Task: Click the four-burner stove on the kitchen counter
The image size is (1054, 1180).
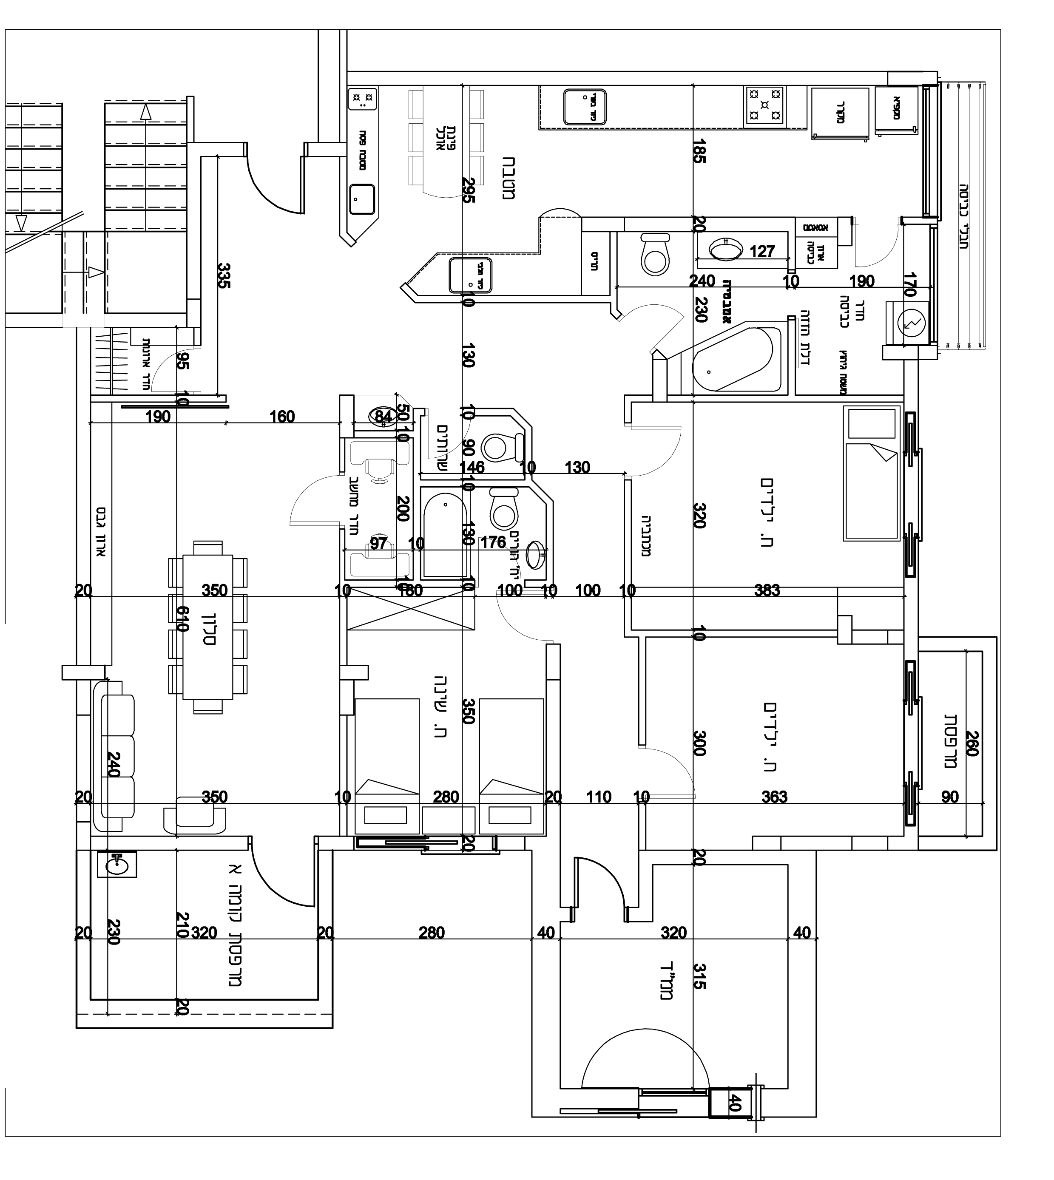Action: pyautogui.click(x=765, y=106)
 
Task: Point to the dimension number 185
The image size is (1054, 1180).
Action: pyautogui.click(x=699, y=150)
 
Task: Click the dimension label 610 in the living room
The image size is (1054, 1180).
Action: pyautogui.click(x=182, y=619)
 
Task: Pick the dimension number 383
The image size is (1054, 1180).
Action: pyautogui.click(x=767, y=590)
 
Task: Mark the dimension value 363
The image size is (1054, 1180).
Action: pyautogui.click(x=774, y=797)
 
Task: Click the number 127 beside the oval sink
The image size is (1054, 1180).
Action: pyautogui.click(x=762, y=251)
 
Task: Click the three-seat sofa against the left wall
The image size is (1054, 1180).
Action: pyautogui.click(x=118, y=756)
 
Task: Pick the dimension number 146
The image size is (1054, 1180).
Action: pyautogui.click(x=472, y=467)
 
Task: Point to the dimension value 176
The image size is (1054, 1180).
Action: pyautogui.click(x=493, y=542)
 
